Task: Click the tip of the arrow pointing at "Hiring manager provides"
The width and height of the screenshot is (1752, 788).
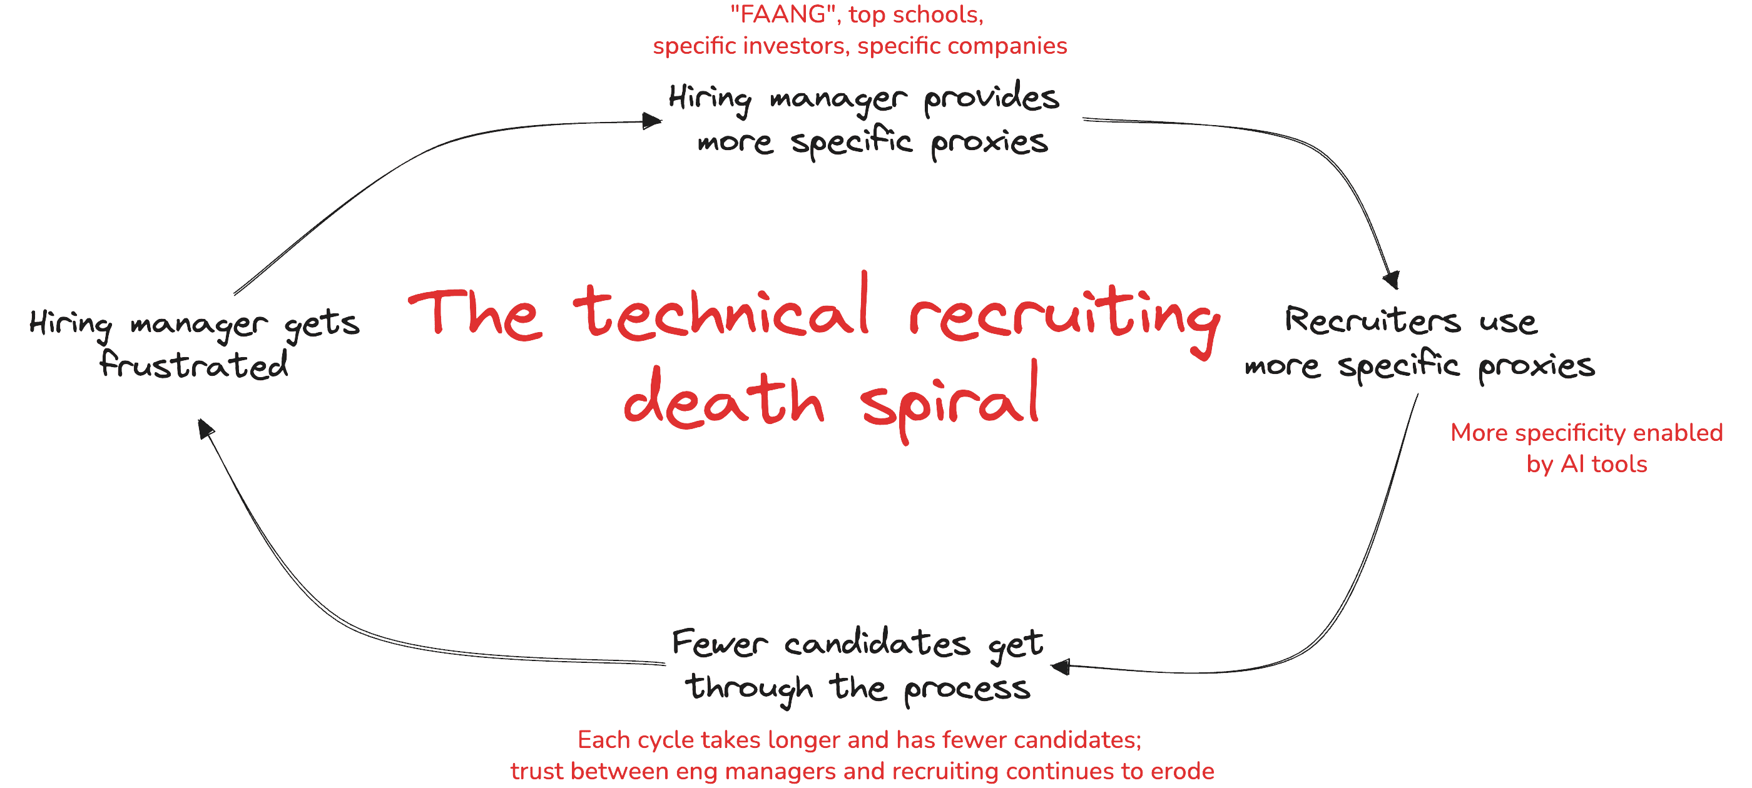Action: [x=662, y=122]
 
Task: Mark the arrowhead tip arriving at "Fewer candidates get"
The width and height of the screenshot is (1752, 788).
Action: [x=1051, y=665]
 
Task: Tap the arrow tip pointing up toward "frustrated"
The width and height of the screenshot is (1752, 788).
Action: [x=198, y=420]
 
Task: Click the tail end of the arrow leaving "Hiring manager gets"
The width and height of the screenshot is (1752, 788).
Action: [x=234, y=295]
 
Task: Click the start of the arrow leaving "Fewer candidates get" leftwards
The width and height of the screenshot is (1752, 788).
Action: [x=665, y=664]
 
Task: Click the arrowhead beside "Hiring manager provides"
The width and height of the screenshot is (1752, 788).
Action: [x=652, y=121]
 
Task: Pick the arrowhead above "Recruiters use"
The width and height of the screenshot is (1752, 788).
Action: [x=1392, y=280]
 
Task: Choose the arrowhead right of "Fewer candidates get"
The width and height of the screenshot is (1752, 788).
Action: [x=1061, y=666]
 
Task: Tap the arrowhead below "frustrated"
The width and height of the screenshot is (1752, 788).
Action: [x=206, y=428]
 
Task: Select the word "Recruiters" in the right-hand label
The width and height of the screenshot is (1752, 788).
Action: [x=1372, y=320]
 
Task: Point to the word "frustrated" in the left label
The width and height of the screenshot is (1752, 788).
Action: [x=194, y=364]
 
